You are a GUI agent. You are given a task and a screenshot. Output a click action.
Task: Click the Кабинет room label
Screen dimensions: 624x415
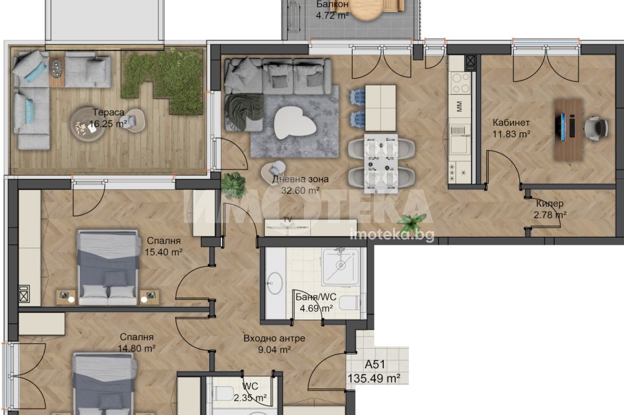click(511, 122)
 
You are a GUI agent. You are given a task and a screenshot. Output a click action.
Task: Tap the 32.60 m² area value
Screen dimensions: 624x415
click(301, 191)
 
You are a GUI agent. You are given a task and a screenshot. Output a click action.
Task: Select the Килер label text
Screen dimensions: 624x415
click(550, 204)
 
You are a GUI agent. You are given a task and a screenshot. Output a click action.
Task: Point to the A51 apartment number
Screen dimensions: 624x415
click(375, 365)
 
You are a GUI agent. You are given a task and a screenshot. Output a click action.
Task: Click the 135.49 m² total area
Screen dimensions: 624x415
click(374, 378)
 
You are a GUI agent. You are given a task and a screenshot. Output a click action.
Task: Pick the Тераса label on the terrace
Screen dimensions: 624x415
click(108, 113)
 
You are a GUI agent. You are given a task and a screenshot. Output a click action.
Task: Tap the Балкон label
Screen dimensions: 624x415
click(333, 4)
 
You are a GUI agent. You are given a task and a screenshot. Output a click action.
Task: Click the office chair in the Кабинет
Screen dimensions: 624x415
click(596, 128)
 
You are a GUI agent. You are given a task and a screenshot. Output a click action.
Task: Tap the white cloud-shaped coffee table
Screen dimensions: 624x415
click(295, 123)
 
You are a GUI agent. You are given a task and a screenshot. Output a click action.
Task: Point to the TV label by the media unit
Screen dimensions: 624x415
click(287, 219)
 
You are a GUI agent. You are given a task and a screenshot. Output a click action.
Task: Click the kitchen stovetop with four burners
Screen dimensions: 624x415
click(461, 83)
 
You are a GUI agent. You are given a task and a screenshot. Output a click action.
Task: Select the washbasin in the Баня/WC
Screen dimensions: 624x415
click(275, 283)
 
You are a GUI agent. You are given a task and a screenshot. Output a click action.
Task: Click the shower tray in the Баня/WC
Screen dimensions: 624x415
click(341, 266)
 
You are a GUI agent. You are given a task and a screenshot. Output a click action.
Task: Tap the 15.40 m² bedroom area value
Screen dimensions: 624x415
click(163, 252)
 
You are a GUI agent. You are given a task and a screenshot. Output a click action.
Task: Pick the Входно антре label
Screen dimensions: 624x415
click(274, 338)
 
